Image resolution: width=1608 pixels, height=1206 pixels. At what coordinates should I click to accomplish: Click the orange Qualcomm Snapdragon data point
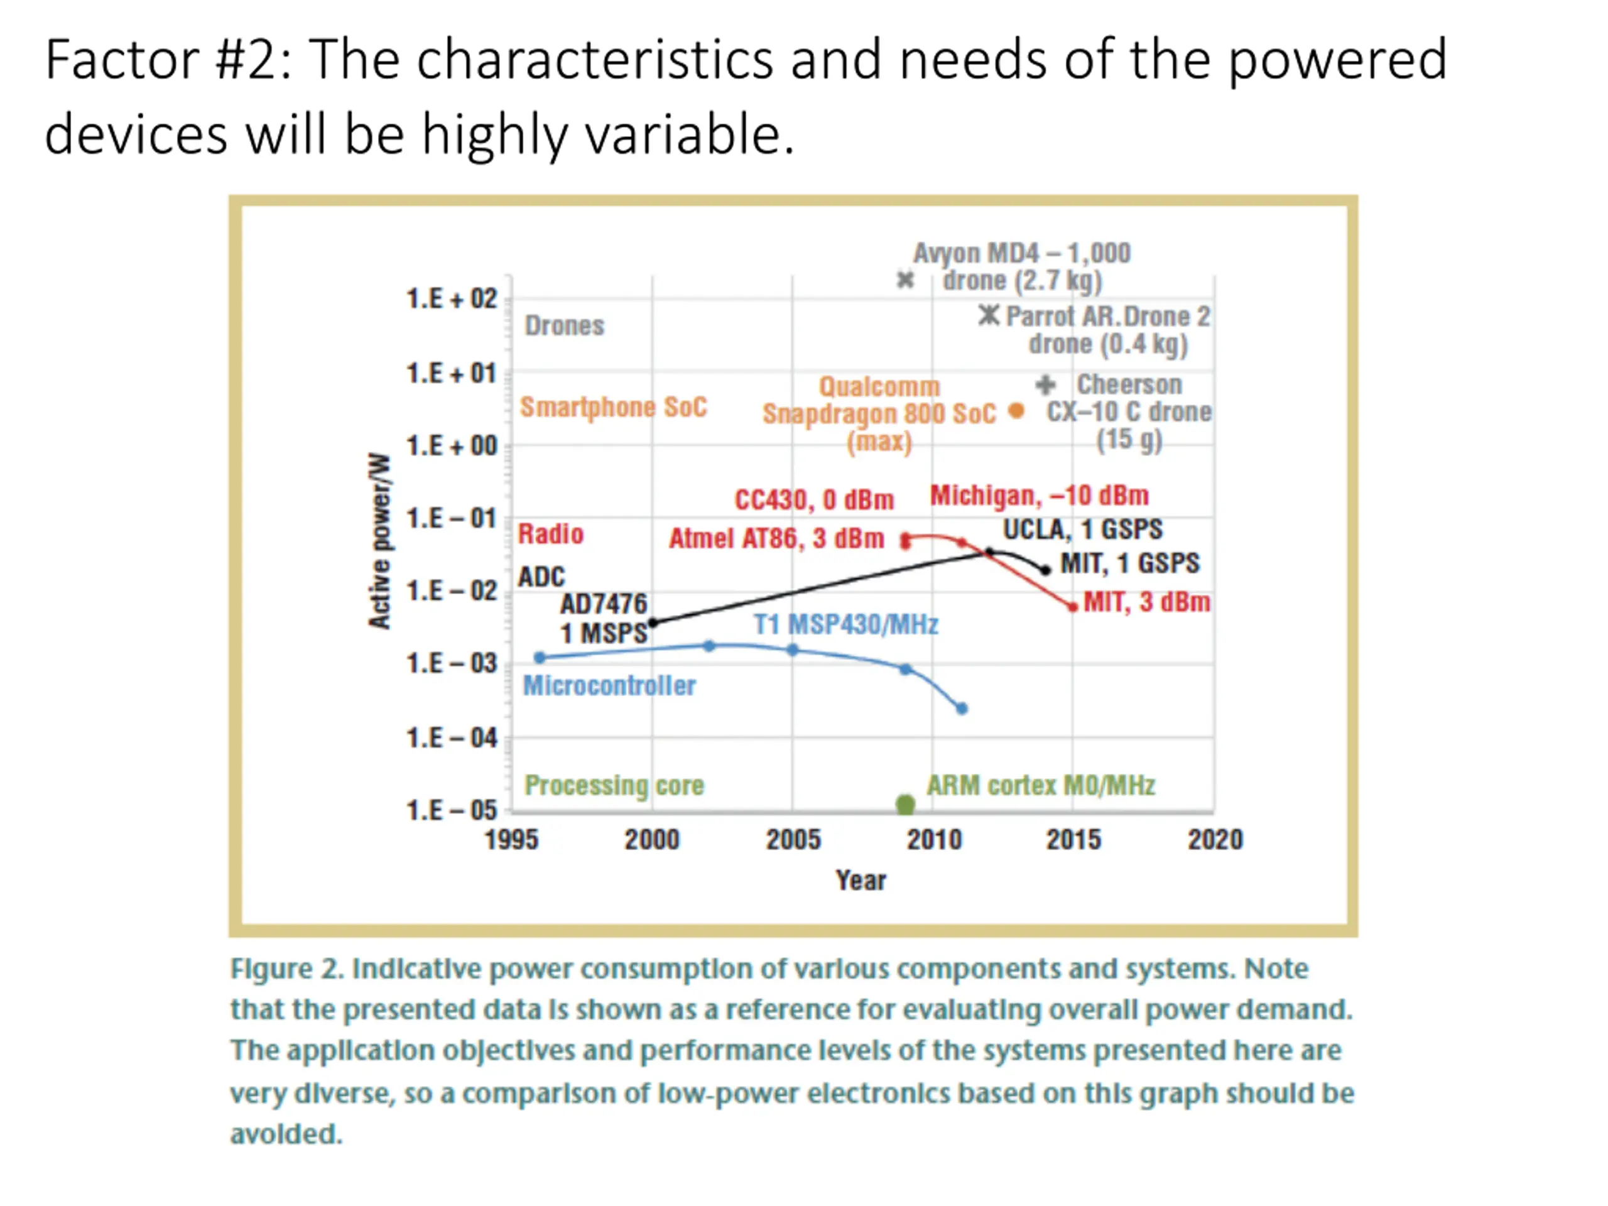(1016, 411)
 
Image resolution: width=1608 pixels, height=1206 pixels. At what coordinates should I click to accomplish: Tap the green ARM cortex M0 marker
(905, 805)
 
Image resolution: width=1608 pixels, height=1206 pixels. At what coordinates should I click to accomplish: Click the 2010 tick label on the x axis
(933, 840)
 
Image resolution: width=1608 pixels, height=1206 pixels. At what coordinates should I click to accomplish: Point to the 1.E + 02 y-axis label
(452, 299)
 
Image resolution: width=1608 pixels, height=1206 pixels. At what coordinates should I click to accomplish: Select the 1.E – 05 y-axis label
(452, 810)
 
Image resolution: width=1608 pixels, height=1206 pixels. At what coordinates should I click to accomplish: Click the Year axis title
(861, 881)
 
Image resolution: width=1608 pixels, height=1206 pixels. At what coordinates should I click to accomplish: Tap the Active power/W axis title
(379, 540)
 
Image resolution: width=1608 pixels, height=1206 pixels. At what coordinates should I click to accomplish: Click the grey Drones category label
(564, 325)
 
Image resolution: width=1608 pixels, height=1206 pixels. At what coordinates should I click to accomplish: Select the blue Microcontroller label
(609, 685)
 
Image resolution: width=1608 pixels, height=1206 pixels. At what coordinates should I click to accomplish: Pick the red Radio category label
(550, 535)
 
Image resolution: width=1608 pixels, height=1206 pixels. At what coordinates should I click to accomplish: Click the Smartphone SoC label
(613, 407)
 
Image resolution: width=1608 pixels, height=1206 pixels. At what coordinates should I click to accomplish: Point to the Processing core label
(614, 785)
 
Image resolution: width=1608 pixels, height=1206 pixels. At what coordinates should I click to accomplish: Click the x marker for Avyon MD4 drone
(905, 280)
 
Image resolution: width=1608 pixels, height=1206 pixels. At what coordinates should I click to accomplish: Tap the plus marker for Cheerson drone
(1045, 384)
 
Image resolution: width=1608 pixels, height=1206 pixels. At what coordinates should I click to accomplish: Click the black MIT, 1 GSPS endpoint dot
(1045, 570)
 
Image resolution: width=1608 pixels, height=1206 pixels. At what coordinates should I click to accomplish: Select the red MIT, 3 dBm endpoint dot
(1073, 607)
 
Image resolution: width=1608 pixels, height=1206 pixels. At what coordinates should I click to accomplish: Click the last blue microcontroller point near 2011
(962, 708)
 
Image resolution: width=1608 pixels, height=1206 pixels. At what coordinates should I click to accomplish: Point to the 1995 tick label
(511, 840)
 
